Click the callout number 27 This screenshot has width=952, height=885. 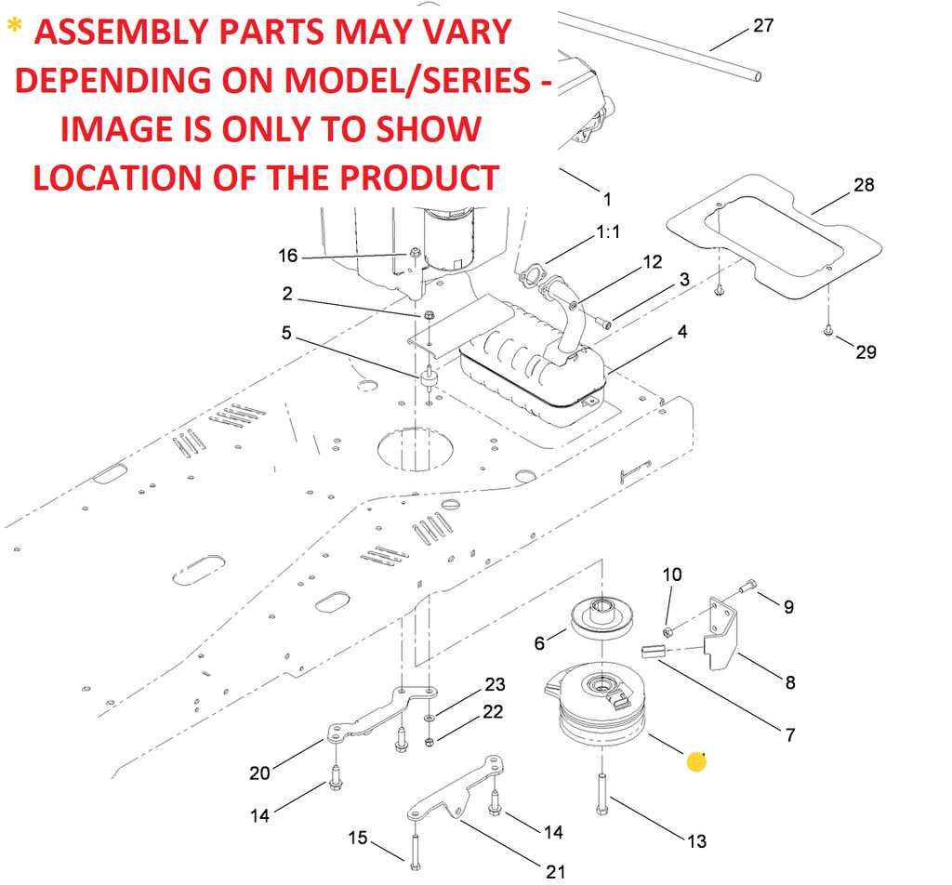click(x=762, y=26)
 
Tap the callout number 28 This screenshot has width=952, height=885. click(x=864, y=185)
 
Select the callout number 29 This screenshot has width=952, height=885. click(x=866, y=352)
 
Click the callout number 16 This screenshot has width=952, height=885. click(x=288, y=256)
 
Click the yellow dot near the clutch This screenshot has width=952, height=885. click(x=696, y=762)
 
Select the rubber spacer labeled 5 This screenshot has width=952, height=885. click(x=429, y=379)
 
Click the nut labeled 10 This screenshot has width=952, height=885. click(x=669, y=633)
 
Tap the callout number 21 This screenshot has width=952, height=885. click(x=555, y=872)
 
